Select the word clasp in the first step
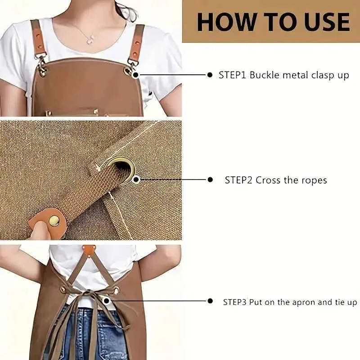(x=323, y=75)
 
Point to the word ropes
(x=314, y=181)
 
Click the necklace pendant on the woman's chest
(x=90, y=40)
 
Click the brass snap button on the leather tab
(x=54, y=221)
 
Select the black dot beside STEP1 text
(x=210, y=75)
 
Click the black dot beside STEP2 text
(x=210, y=180)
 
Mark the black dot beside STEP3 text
(x=210, y=301)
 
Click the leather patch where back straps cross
(x=89, y=251)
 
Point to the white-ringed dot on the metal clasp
(x=136, y=75)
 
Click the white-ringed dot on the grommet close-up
(x=136, y=180)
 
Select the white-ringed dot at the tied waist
(x=106, y=300)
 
